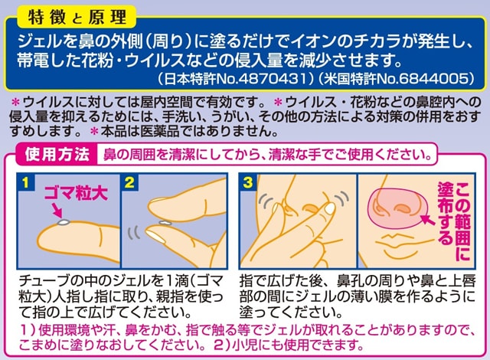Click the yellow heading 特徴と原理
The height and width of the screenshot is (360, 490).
[77, 17]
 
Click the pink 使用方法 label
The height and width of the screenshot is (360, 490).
[57, 154]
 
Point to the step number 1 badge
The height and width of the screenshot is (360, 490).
[25, 182]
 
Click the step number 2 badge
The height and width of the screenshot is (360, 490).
[129, 182]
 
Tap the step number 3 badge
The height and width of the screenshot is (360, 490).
[248, 182]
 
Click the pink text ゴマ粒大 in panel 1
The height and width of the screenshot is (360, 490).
[76, 194]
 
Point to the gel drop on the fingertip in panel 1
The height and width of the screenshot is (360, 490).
[64, 222]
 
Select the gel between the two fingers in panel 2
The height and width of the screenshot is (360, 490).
[165, 223]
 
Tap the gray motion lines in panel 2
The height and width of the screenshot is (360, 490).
[133, 233]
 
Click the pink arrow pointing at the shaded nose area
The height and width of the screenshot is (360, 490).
[428, 219]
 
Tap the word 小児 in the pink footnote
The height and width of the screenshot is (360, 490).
[246, 345]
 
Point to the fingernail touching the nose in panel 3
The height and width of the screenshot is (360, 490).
[329, 208]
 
